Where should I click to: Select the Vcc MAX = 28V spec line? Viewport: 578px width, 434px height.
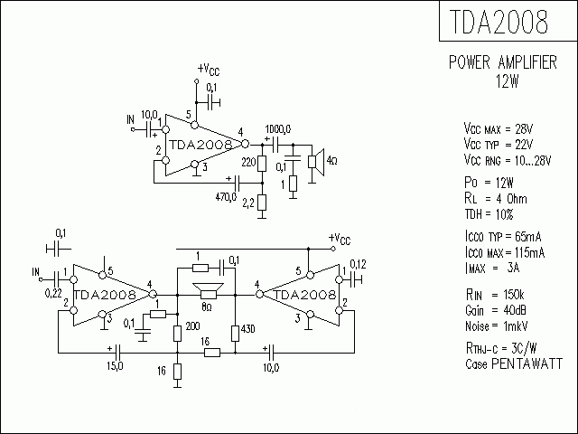click(499, 127)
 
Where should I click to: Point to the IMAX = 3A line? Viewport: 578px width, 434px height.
click(490, 269)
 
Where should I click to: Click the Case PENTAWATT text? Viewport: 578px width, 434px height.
click(511, 363)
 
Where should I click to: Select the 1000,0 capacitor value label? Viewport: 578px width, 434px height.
click(277, 127)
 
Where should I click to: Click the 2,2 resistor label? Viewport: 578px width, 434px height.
click(247, 204)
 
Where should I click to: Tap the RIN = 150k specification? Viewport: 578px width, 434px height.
click(493, 296)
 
